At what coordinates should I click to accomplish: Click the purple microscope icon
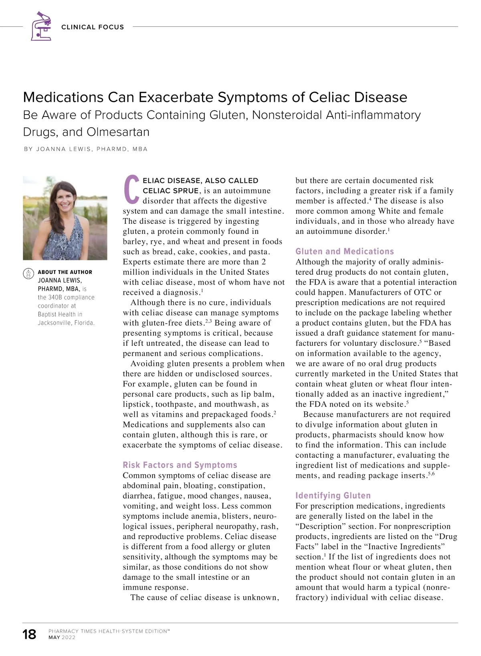[41, 26]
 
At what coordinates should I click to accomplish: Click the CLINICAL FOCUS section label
[93, 27]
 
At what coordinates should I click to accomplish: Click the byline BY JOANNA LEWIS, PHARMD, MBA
[86, 149]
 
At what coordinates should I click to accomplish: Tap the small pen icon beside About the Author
[28, 273]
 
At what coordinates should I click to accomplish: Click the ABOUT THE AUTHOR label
[65, 272]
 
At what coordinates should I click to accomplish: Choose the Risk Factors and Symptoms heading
[180, 465]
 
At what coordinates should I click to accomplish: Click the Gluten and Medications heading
[345, 252]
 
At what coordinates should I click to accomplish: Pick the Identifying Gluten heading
[333, 495]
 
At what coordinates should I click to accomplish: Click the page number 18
[29, 634]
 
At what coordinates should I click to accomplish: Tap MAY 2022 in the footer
[62, 638]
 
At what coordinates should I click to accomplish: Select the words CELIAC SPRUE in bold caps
[171, 191]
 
